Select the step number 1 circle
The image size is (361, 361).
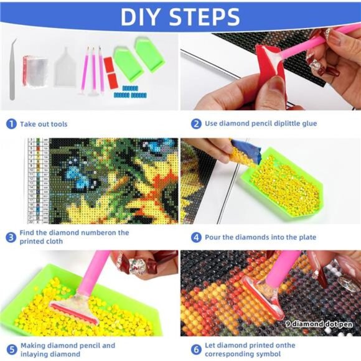[11, 124]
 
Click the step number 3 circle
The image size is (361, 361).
[11, 237]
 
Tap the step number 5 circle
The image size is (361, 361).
[11, 350]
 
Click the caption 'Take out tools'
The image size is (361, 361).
[44, 124]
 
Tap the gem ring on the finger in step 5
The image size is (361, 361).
[135, 264]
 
